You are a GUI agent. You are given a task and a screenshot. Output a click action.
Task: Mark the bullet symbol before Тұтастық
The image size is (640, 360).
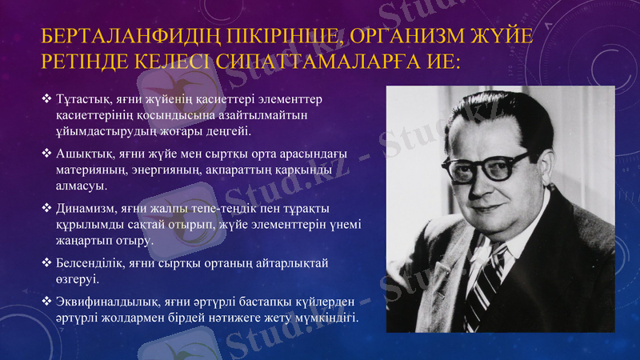47,100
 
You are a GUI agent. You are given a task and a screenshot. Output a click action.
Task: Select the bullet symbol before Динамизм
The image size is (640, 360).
47,210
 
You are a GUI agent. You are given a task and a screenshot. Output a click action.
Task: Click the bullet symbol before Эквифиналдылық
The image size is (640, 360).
47,302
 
